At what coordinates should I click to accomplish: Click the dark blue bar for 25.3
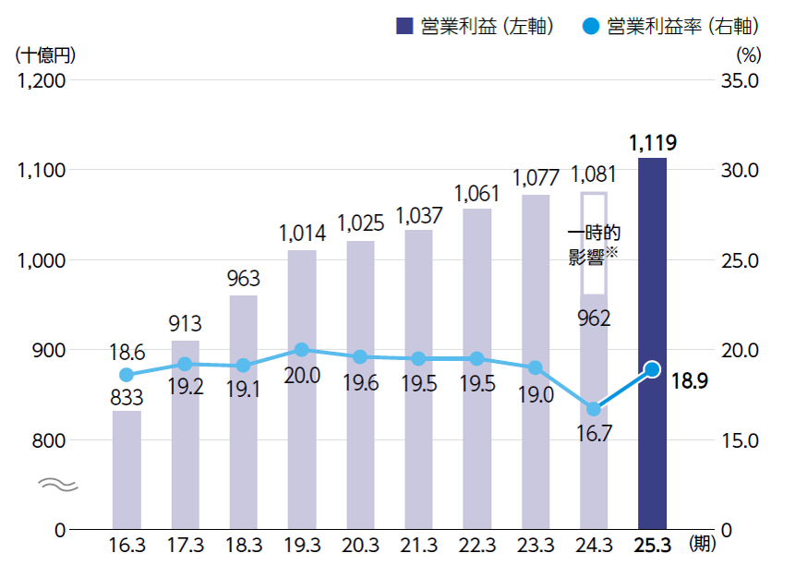(652, 342)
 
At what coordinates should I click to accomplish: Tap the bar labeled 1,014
(302, 388)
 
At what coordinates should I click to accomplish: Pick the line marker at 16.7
(594, 409)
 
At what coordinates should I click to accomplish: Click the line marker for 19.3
(302, 350)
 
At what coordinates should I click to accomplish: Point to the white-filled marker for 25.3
(652, 369)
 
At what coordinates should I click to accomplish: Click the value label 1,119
(653, 143)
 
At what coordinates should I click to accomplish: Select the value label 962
(594, 319)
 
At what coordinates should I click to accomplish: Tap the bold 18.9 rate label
(689, 380)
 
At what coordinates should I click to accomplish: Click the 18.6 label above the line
(126, 352)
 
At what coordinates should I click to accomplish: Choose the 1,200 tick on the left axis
(41, 80)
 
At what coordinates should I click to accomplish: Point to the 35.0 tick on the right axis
(738, 80)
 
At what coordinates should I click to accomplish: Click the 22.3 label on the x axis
(476, 544)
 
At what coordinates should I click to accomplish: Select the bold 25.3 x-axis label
(652, 544)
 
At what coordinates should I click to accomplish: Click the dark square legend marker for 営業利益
(404, 27)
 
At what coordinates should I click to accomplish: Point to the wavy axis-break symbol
(53, 484)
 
